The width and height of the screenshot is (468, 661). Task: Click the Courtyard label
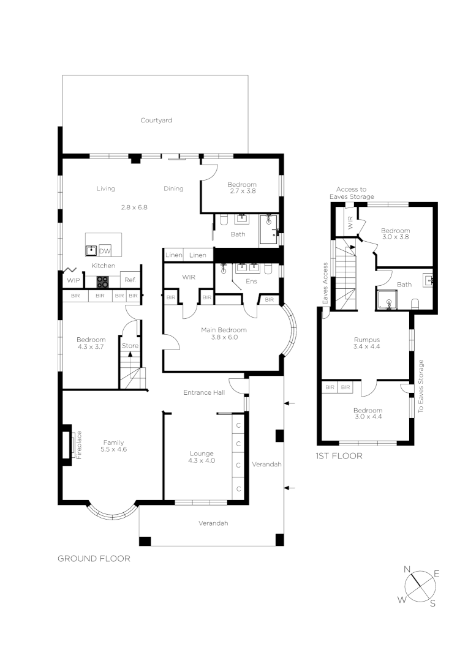point(156,121)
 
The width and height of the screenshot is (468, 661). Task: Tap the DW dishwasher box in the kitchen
point(105,251)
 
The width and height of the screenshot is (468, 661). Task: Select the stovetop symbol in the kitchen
point(102,282)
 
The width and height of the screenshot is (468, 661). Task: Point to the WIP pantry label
point(73,281)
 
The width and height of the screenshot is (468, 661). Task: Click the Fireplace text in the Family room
point(79,444)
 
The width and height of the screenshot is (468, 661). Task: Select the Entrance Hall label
point(204,392)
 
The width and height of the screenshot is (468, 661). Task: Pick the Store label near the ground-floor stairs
point(130,346)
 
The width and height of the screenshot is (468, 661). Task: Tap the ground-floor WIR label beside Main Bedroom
point(188,277)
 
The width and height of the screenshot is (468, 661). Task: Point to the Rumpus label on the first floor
point(367,340)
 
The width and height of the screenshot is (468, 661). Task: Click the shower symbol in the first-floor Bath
point(387,301)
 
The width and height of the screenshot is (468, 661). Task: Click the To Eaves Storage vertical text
point(421,386)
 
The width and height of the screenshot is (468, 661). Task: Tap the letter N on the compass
point(407,569)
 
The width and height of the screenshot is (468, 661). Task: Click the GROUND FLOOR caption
point(94,558)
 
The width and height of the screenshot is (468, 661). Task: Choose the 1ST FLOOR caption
point(339,456)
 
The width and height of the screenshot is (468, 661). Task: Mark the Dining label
point(173,189)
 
